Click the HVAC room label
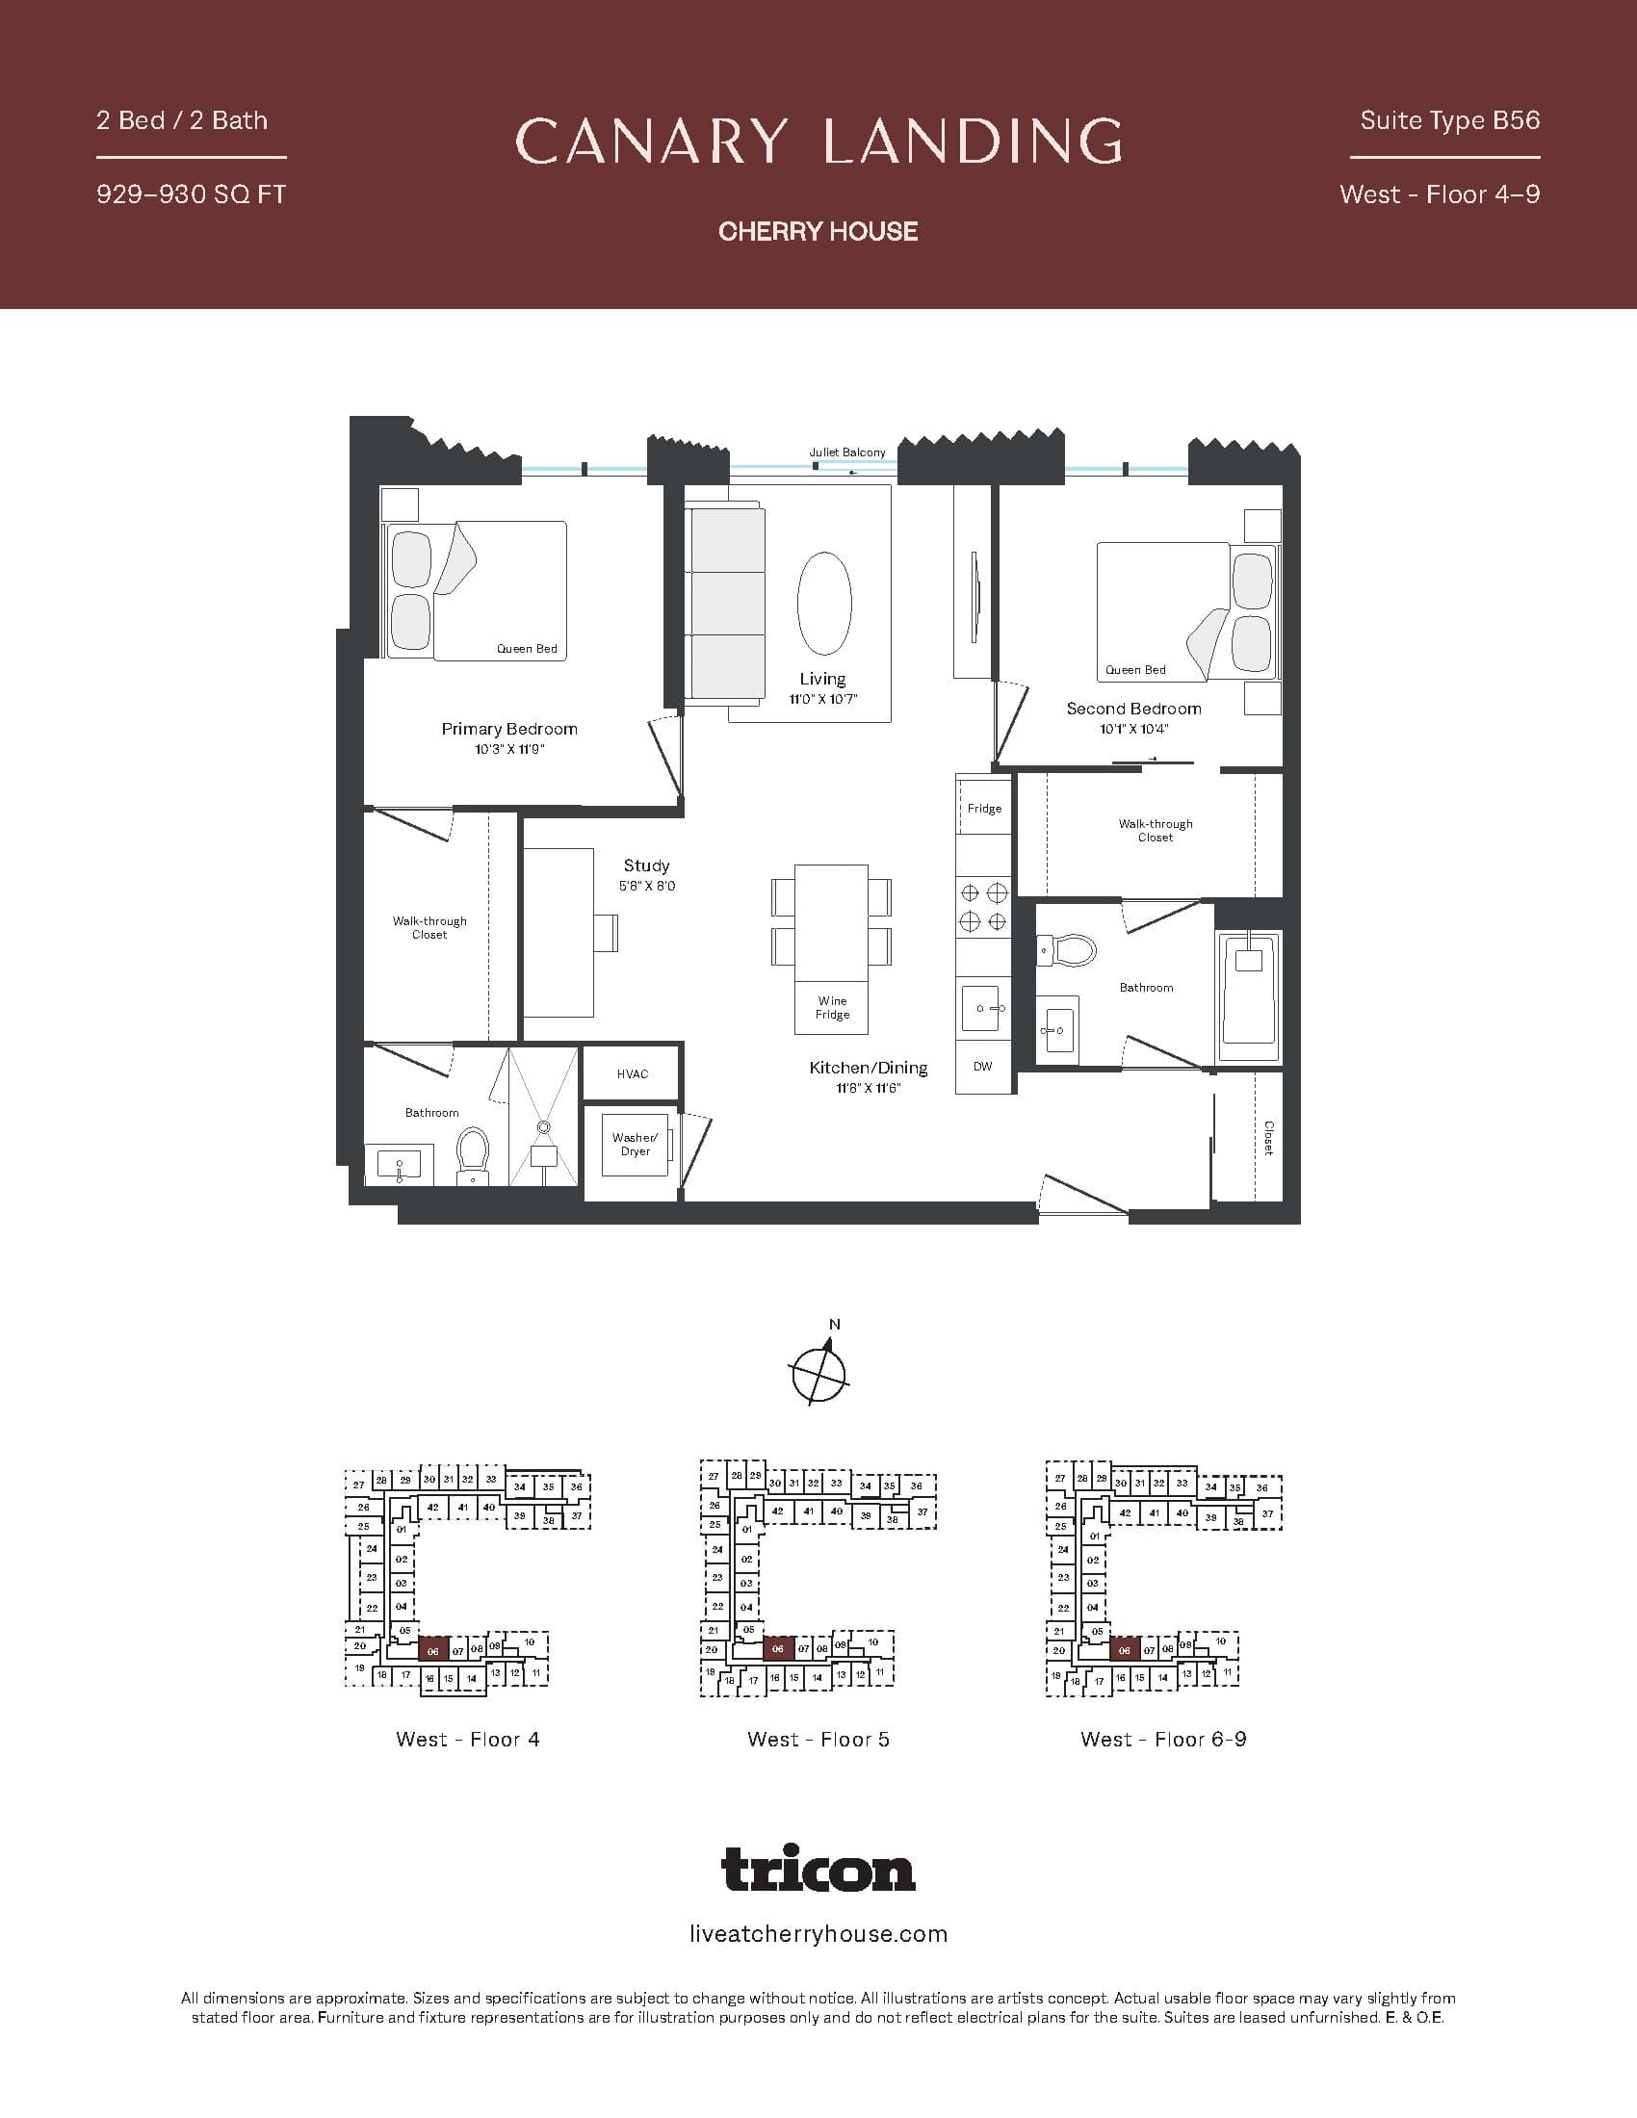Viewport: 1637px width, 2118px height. [x=633, y=1073]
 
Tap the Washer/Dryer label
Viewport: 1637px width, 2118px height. [x=636, y=1145]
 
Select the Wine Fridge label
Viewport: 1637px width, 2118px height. [x=832, y=1008]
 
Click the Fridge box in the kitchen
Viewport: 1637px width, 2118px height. [x=984, y=808]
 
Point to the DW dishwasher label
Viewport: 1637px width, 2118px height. [x=982, y=1067]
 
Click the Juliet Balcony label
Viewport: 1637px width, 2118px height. [x=846, y=452]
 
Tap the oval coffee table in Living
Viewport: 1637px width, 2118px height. [x=824, y=605]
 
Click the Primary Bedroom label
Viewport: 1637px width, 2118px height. [x=509, y=729]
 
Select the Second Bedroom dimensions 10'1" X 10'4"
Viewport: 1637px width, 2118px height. [x=1132, y=730]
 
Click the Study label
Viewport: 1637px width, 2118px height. [x=646, y=865]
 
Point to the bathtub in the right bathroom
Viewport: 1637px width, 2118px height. [x=1249, y=997]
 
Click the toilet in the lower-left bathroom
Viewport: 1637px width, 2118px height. [x=472, y=1153]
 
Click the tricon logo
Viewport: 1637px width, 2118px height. [x=818, y=1869]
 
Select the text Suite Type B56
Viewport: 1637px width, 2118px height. [x=1449, y=120]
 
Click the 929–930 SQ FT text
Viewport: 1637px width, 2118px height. [x=191, y=194]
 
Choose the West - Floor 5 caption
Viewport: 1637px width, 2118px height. [x=818, y=1739]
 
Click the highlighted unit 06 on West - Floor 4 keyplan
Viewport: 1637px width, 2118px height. [x=432, y=1651]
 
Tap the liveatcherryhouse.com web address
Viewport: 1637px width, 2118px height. [x=818, y=1933]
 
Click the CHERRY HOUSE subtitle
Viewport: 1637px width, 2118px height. [x=818, y=231]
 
